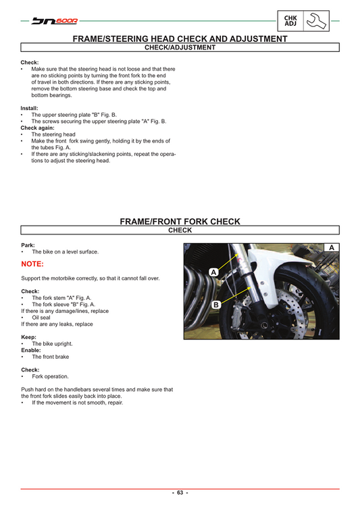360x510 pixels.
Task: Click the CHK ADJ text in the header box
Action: (290, 22)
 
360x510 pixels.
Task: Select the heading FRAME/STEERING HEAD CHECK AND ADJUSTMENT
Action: (180, 39)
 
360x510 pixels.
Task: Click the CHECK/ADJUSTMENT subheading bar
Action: (180, 48)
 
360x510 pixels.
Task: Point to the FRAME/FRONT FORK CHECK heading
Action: (180, 221)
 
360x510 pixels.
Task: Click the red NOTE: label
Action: (32, 264)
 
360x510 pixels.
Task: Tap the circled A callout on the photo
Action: (213, 272)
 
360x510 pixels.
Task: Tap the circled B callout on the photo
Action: (216, 305)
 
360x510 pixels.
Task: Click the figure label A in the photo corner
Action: (331, 248)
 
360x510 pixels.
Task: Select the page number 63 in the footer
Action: (180, 493)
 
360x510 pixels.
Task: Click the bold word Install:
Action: (30, 108)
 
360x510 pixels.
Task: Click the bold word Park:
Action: (28, 245)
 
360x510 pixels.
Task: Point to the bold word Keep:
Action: (28, 336)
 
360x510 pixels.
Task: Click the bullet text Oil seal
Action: (41, 317)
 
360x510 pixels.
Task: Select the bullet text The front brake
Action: (51, 357)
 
